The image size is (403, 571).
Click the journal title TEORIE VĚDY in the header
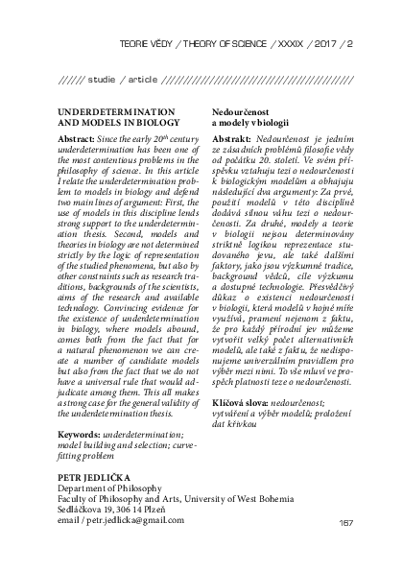click(147, 43)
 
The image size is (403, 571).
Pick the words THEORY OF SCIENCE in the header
click(217, 43)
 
